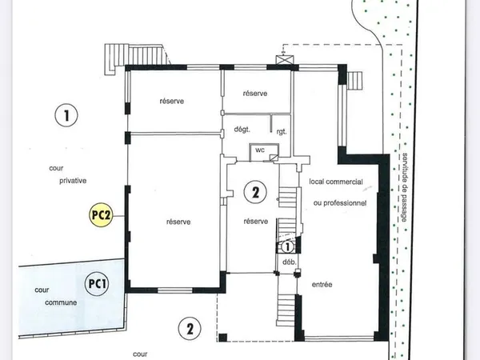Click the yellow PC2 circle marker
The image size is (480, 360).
101,215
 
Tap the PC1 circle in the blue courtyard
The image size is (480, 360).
97,284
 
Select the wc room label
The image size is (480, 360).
260,150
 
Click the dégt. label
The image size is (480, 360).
242,129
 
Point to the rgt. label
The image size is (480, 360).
282,132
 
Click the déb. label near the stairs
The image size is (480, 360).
290,262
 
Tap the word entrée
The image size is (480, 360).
322,284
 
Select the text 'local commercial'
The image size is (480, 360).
336,182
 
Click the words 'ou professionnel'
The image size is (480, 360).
340,203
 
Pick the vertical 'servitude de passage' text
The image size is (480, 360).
404,187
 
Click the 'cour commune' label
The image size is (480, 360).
56,296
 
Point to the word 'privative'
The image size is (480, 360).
73,181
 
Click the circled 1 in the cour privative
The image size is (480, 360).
66,115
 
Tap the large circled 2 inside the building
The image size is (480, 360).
255,192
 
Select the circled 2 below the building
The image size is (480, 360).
190,329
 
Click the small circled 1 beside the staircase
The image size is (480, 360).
287,246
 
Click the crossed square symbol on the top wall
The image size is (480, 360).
285,60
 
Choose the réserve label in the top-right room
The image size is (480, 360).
255,94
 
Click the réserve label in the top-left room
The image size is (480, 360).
172,101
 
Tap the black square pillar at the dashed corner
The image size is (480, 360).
223,338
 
